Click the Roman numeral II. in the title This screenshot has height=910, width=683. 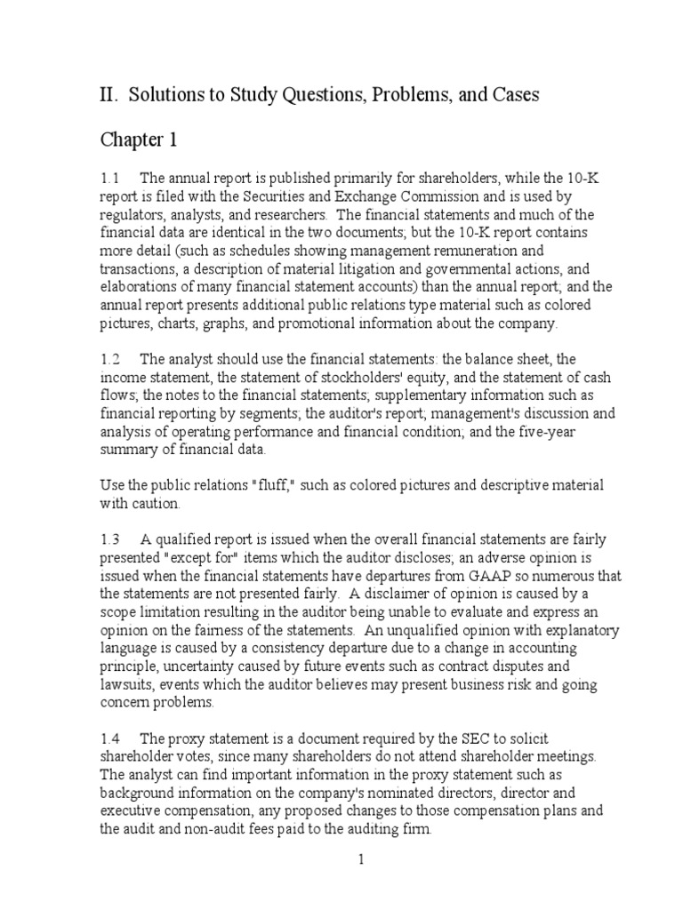tap(108, 94)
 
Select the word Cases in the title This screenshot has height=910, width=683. tap(514, 94)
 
